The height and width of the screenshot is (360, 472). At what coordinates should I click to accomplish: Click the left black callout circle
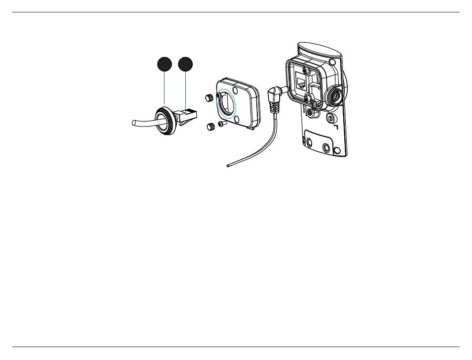(164, 65)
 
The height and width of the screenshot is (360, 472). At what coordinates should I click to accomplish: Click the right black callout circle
(185, 65)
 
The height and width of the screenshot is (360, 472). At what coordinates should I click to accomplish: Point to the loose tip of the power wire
(227, 166)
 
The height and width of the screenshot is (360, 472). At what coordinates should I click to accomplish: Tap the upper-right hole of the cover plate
(243, 90)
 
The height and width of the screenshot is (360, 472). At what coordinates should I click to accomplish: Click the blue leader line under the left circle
(164, 89)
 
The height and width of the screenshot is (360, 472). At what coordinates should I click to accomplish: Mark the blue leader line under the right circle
(185, 89)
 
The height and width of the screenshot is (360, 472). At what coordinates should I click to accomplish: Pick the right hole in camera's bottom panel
(326, 148)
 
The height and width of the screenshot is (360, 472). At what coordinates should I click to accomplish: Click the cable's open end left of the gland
(133, 123)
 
